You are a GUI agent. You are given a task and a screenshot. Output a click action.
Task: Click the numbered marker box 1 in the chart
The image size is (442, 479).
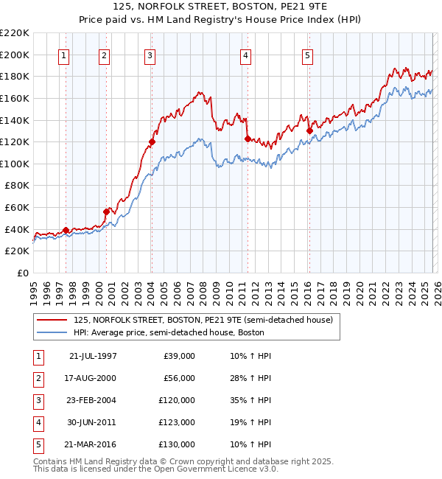64,55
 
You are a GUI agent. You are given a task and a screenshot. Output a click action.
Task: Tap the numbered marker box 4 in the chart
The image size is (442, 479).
245,55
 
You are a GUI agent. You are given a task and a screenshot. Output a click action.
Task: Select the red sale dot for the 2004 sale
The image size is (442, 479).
152,141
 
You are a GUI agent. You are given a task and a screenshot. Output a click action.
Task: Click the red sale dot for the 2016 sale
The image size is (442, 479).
309,131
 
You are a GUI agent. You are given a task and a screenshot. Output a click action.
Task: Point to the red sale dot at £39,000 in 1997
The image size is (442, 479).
66,230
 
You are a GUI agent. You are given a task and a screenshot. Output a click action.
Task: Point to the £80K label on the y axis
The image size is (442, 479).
18,186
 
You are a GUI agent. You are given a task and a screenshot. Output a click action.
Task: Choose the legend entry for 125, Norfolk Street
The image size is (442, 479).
203,320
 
